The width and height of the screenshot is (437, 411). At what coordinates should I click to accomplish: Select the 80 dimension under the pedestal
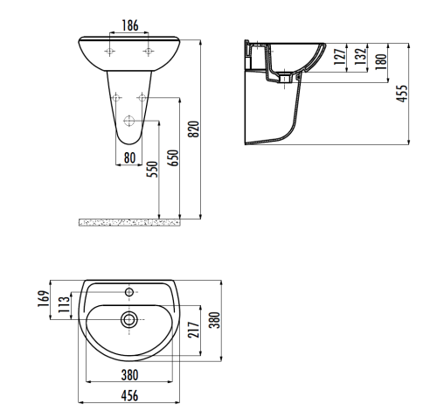(129, 158)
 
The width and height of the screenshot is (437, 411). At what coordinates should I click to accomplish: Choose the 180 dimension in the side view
(379, 61)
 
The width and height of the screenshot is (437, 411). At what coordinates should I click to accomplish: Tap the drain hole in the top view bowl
(129, 320)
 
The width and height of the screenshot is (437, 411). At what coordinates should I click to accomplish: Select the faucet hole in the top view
(129, 290)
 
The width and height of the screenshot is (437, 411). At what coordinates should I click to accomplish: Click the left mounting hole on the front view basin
(109, 52)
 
